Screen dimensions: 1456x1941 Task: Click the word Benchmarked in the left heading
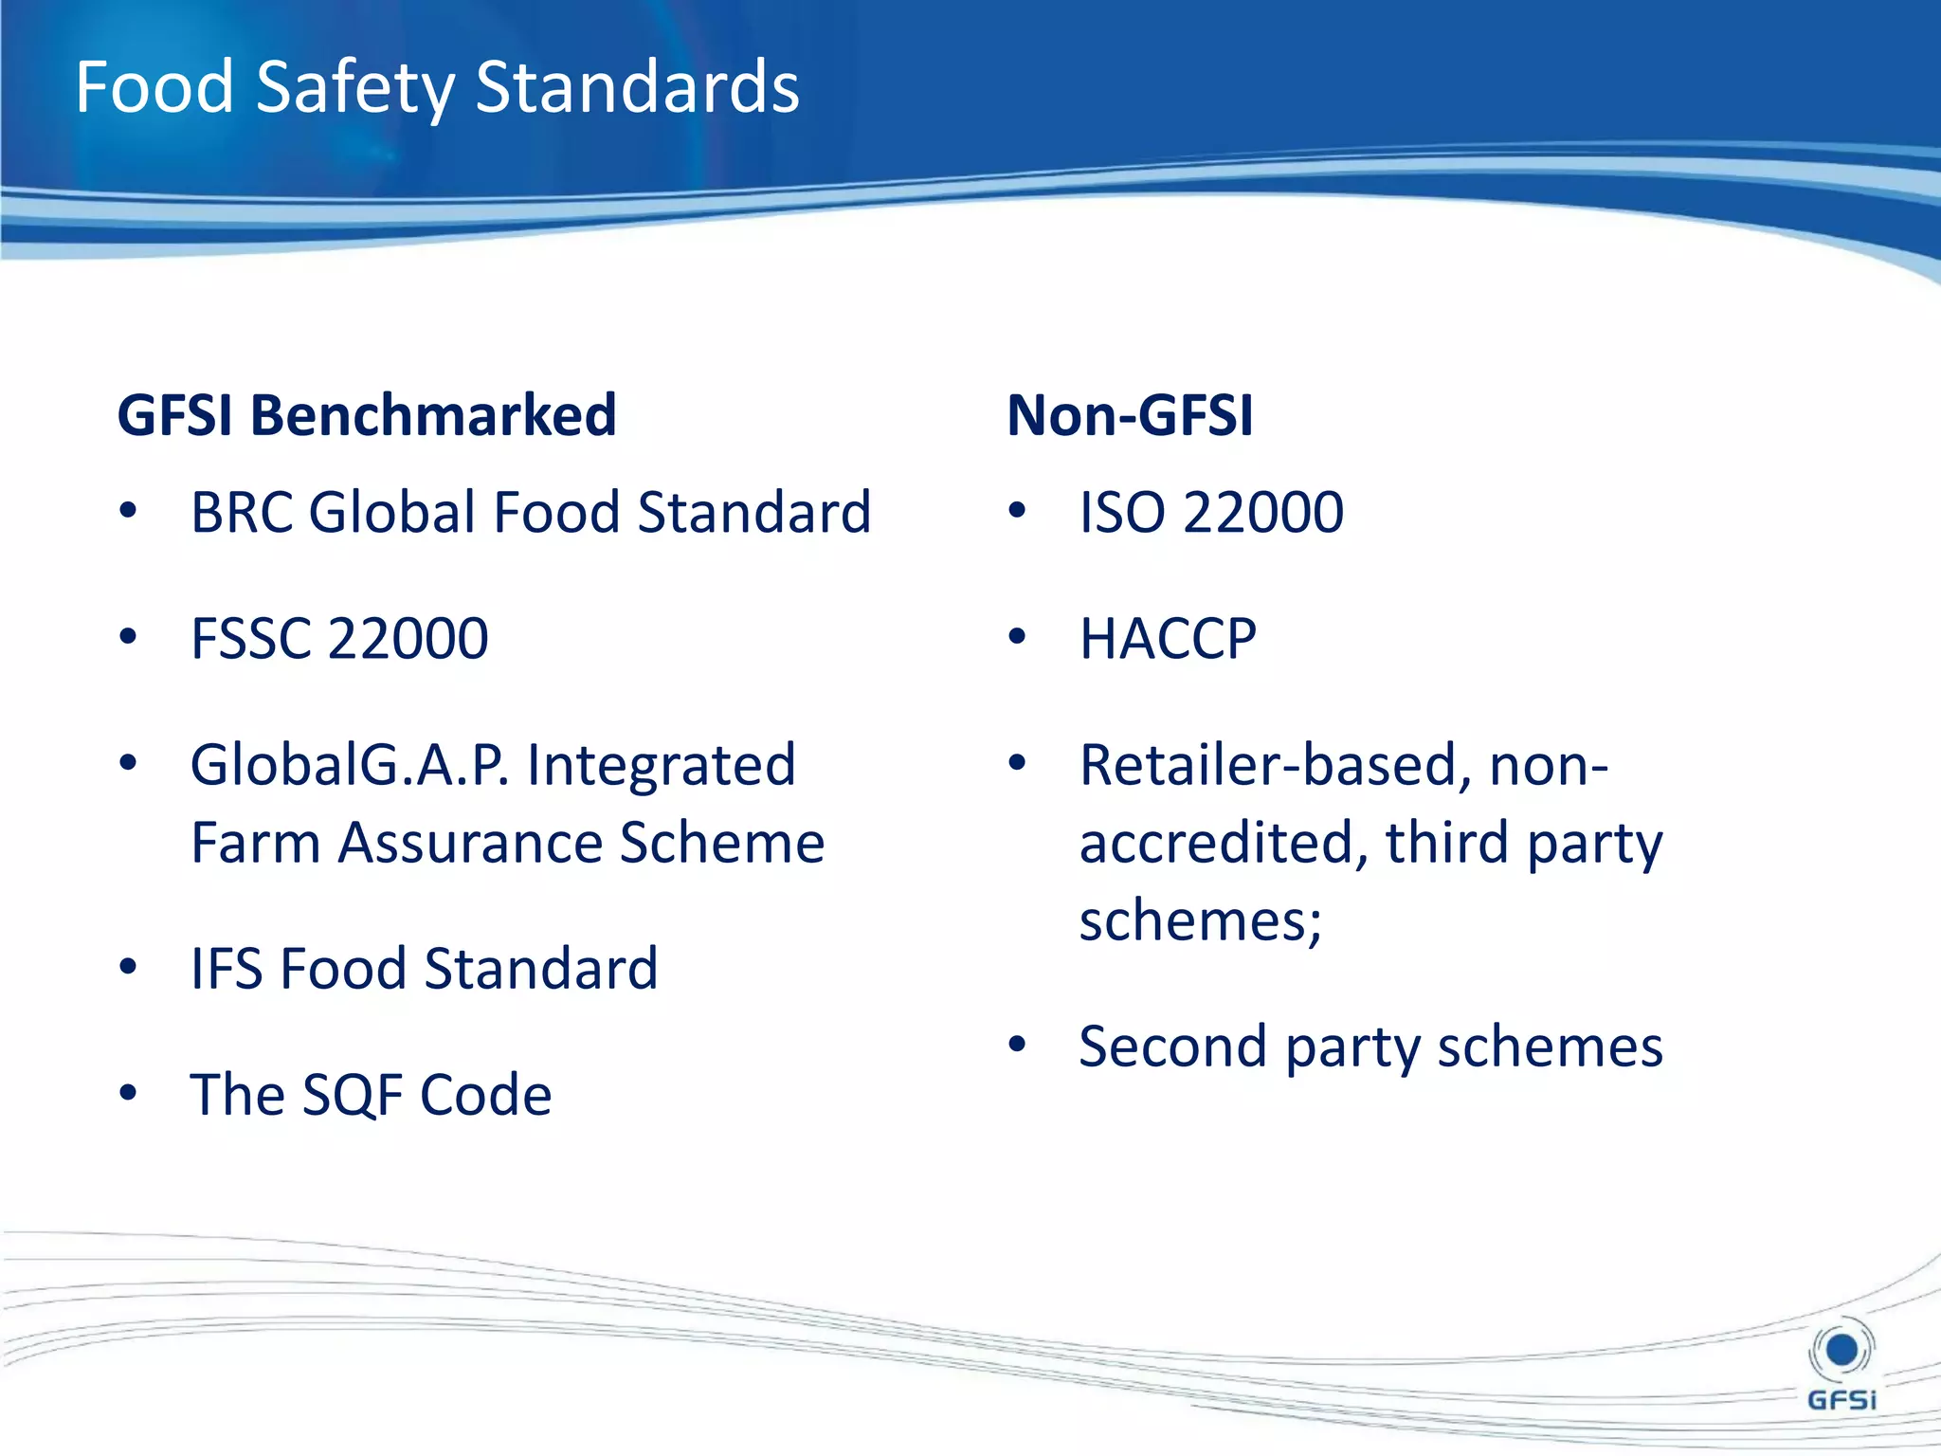point(432,415)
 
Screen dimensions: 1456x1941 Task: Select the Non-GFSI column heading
point(1130,415)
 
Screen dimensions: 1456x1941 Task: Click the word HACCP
point(1168,638)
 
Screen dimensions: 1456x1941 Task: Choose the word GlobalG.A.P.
point(350,765)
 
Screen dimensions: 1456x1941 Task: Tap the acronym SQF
point(352,1095)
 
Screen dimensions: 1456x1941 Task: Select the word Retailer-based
point(1275,765)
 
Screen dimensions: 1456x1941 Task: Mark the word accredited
point(1224,843)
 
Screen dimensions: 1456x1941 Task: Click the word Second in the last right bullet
point(1172,1046)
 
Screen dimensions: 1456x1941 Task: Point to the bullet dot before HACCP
point(1017,636)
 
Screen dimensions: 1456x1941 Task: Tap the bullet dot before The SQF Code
point(128,1093)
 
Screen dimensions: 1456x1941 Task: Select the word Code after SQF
point(485,1095)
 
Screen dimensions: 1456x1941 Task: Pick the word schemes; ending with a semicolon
point(1200,920)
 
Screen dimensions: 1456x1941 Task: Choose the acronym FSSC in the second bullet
point(250,638)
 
